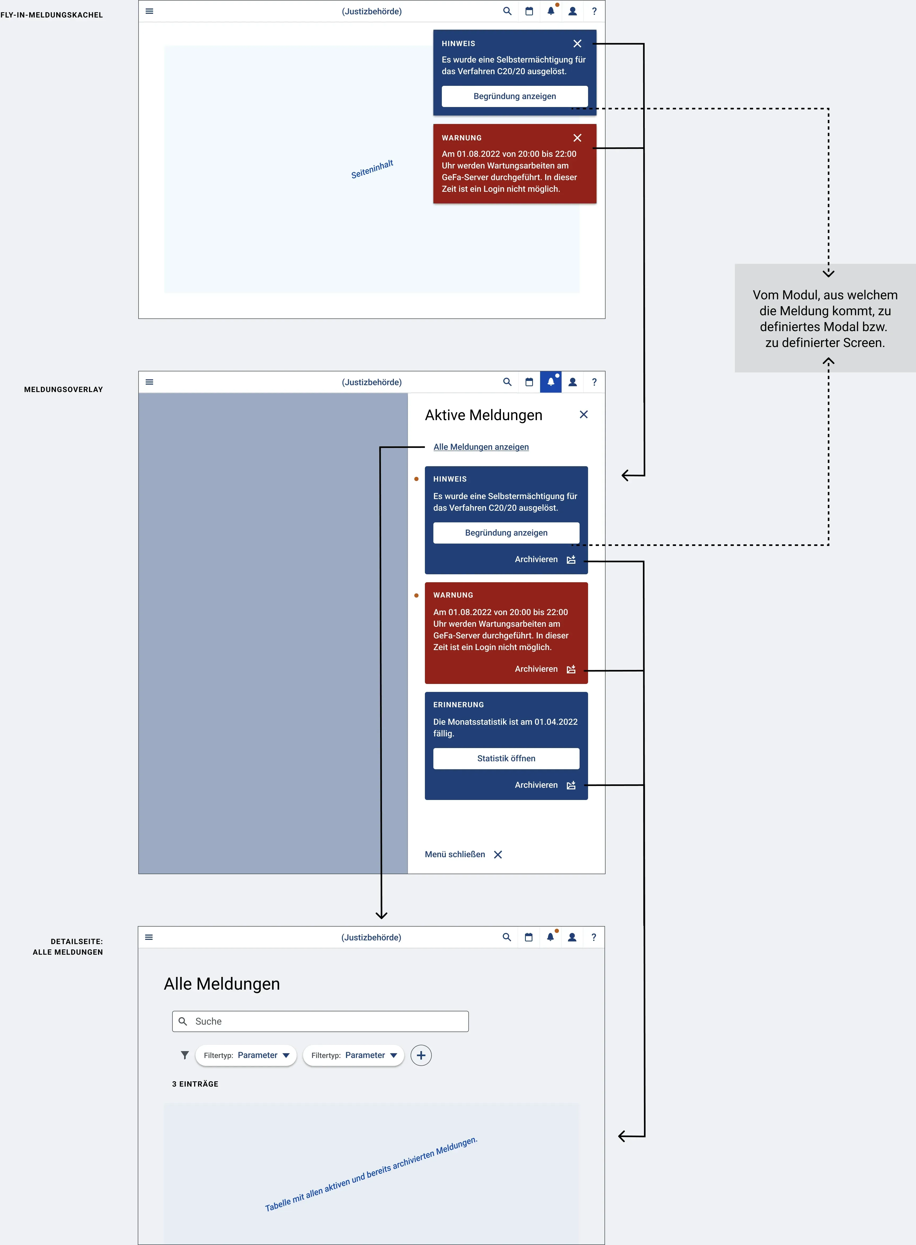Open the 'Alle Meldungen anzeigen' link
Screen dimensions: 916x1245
(x=481, y=447)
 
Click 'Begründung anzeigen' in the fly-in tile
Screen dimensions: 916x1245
(x=515, y=96)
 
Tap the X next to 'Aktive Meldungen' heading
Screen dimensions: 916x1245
(x=583, y=415)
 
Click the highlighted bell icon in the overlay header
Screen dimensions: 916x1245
(x=551, y=382)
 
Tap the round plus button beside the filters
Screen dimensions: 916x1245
(x=421, y=1055)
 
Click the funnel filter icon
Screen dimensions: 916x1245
(x=185, y=1055)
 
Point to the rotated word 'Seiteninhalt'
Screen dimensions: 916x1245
(x=372, y=169)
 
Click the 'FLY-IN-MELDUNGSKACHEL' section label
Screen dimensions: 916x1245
(x=52, y=15)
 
